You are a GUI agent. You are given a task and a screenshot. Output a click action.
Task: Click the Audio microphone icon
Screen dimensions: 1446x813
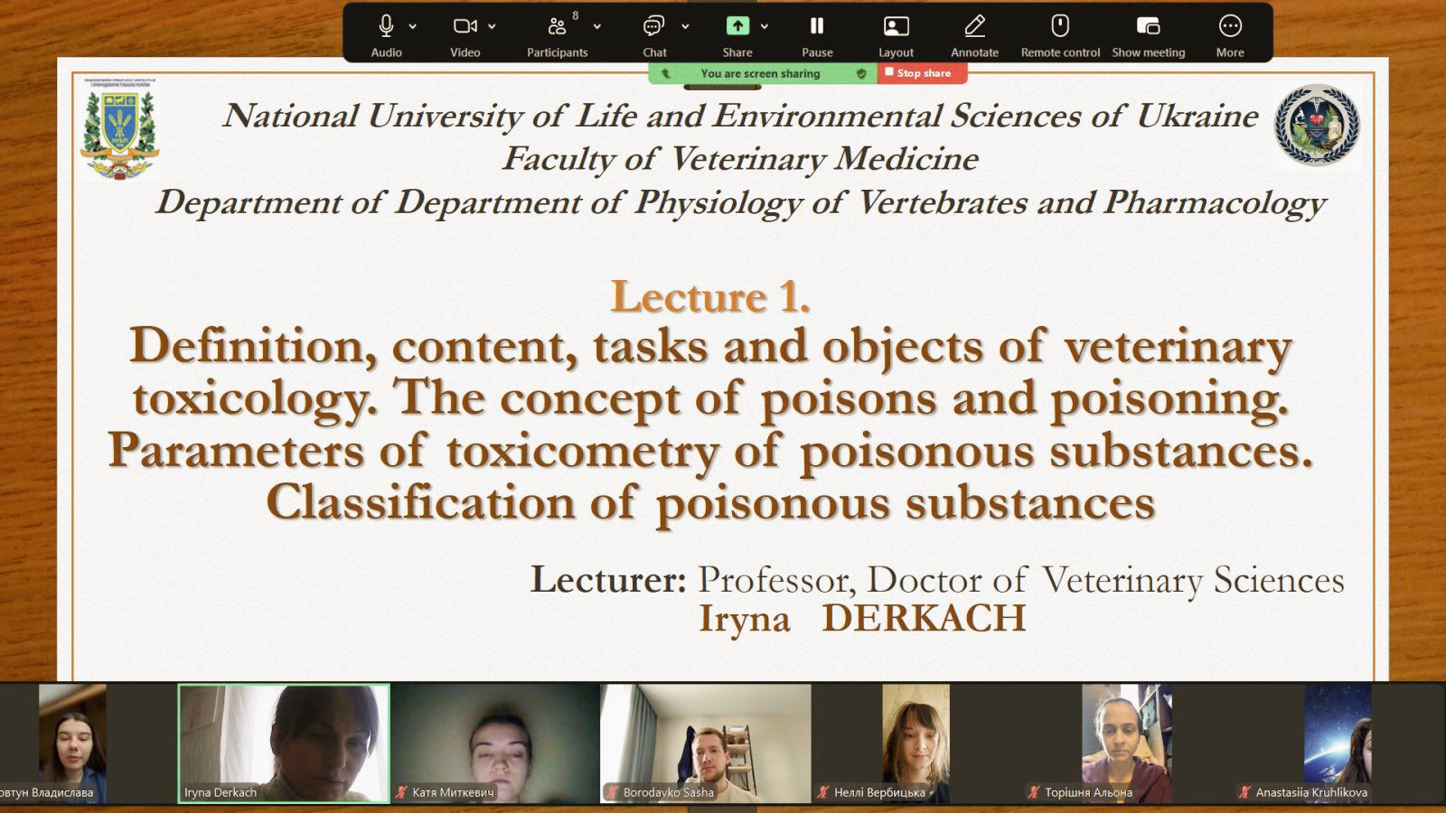(386, 26)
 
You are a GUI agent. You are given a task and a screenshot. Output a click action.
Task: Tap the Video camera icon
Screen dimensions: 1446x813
(465, 26)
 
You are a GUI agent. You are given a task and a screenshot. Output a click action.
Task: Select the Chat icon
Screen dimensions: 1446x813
(653, 26)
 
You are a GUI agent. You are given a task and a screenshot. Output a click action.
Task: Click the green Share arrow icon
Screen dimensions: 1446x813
(737, 26)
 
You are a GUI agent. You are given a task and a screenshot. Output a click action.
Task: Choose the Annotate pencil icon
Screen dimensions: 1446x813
(975, 26)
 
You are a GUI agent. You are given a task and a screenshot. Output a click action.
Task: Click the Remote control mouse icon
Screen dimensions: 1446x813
(1060, 26)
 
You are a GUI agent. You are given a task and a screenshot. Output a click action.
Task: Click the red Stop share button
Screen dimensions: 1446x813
(922, 73)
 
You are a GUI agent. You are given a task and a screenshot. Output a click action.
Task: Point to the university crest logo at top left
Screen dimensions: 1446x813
(119, 129)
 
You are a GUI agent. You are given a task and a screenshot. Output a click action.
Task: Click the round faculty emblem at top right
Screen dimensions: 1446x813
(1316, 126)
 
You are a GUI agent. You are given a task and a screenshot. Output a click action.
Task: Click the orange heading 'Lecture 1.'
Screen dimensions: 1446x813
(710, 297)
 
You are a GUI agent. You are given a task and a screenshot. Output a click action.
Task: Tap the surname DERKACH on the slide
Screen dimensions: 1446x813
(924, 618)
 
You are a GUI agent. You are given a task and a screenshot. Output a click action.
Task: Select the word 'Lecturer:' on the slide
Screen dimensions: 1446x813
(608, 579)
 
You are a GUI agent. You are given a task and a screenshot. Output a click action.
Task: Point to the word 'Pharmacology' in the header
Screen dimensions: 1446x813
(1215, 203)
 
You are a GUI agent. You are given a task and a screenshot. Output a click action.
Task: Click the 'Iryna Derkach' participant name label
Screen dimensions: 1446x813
(221, 792)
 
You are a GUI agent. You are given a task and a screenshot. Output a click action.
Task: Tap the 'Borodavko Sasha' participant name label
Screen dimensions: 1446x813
(668, 792)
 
